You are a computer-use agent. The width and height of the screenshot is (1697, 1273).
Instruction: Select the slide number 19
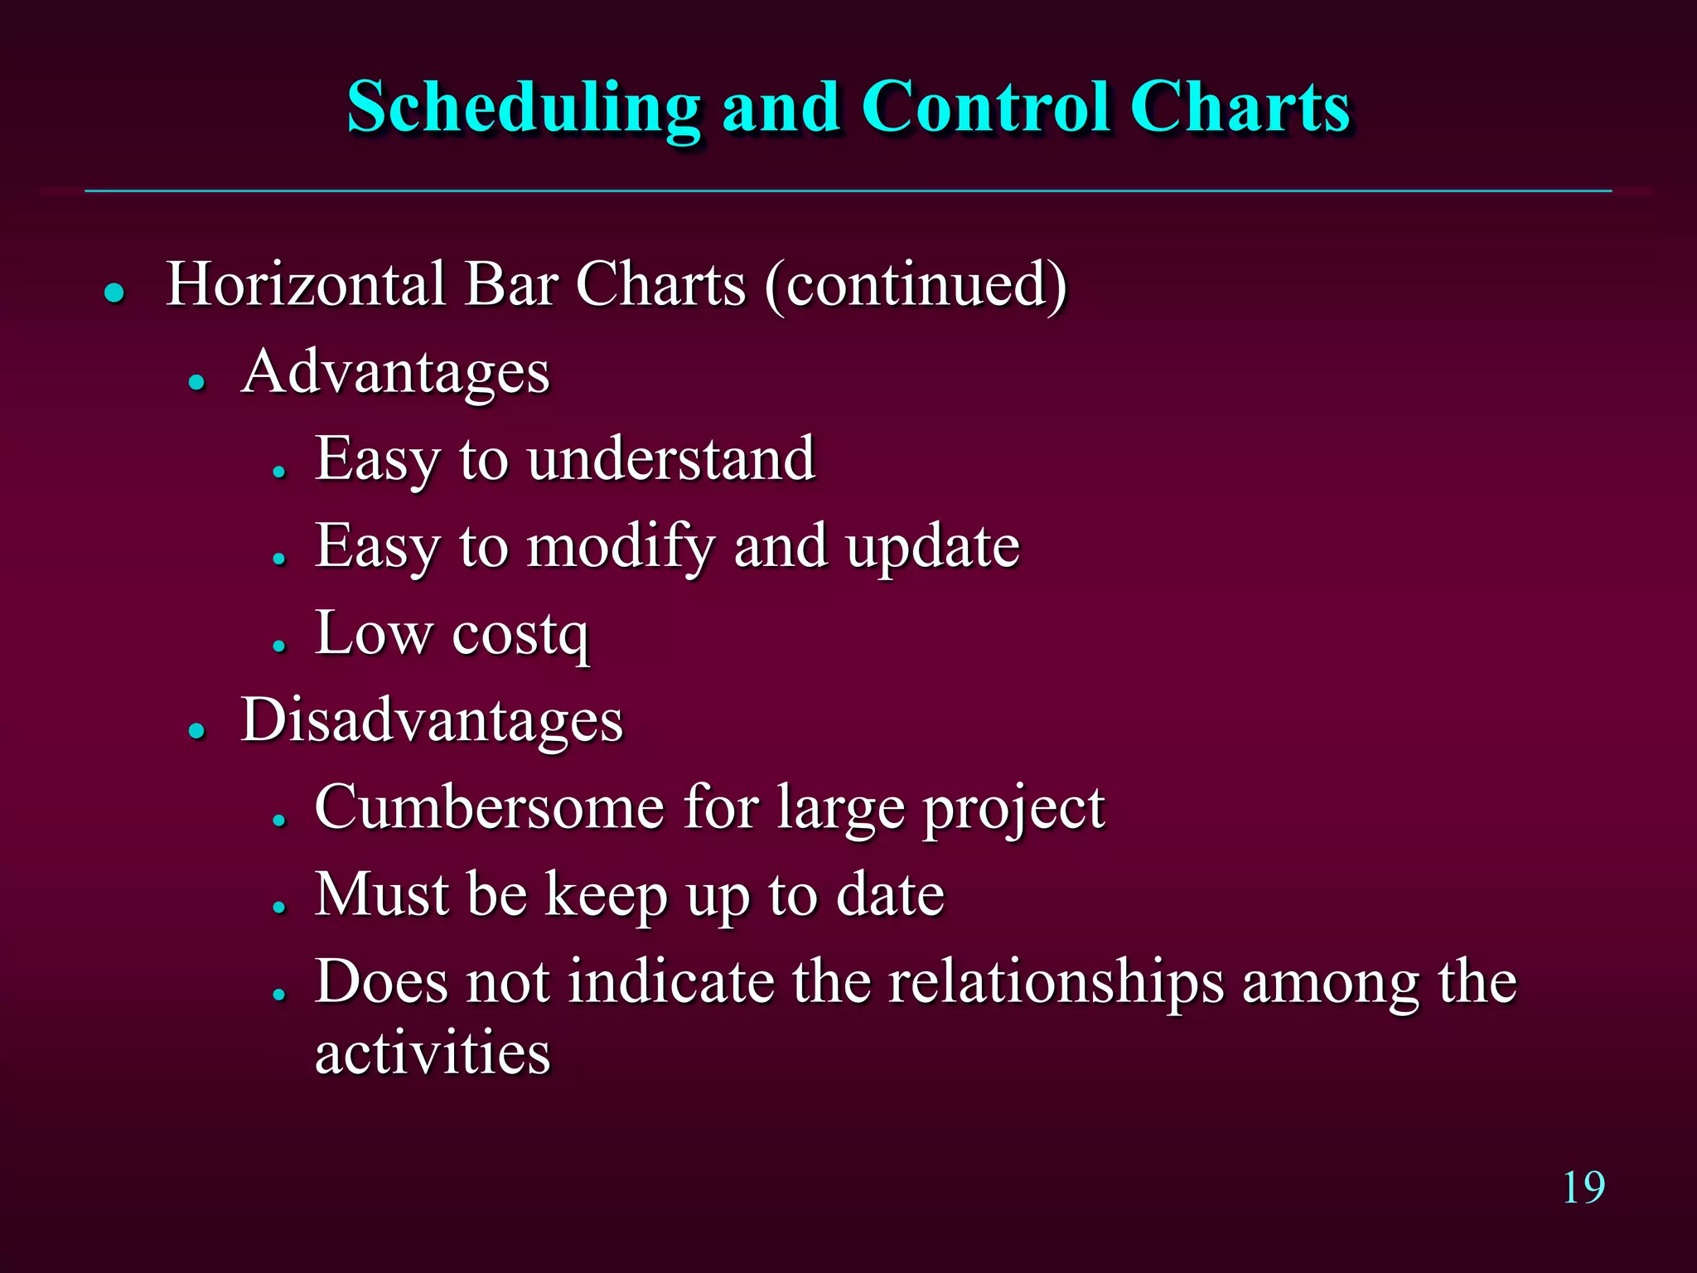[1583, 1188]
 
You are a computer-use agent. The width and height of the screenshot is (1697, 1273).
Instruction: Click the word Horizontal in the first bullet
[306, 284]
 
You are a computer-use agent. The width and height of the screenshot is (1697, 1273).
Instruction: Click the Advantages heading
[395, 372]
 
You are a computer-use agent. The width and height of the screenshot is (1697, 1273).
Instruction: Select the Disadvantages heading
[432, 720]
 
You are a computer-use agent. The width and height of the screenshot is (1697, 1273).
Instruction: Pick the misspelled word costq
[520, 635]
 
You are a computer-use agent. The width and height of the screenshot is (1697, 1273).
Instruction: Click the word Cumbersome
[489, 807]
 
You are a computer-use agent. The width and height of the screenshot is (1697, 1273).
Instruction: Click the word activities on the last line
[433, 1053]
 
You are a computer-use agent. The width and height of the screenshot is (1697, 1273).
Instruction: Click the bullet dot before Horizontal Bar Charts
[114, 293]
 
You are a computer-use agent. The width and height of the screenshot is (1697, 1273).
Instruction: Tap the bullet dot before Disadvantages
[196, 730]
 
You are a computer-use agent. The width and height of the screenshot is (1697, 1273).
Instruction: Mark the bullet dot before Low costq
[279, 645]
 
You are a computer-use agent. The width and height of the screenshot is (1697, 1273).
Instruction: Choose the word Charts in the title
[1240, 108]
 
